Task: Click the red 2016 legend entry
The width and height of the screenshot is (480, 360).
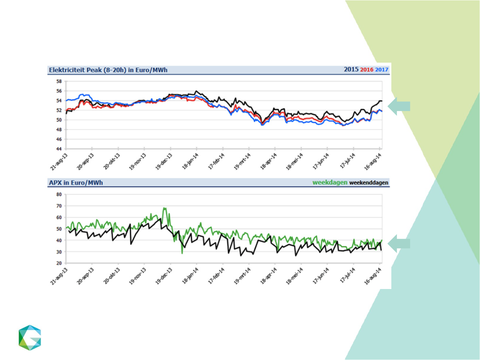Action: pos(366,70)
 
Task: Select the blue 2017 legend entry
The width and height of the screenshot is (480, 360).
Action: pos(382,70)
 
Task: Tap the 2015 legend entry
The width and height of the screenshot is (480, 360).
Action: pos(351,69)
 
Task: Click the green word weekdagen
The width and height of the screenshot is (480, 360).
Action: pos(330,183)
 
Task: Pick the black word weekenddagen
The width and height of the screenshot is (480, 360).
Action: pos(369,183)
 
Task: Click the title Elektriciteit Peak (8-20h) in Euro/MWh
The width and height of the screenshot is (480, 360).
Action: pos(108,70)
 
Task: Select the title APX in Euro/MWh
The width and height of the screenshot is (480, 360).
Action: pos(76,183)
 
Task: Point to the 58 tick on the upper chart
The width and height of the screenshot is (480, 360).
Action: pos(59,81)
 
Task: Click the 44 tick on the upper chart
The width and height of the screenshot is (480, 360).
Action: pos(59,149)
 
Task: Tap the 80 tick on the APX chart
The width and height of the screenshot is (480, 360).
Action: pos(59,194)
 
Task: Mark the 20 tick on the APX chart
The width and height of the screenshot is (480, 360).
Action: pos(59,263)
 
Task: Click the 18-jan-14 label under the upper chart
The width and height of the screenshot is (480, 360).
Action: pos(190,161)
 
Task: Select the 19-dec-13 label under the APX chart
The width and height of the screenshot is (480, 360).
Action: pos(164,276)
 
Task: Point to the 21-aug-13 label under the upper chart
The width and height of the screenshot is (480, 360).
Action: pos(59,162)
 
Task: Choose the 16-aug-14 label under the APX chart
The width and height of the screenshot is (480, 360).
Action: pos(373,276)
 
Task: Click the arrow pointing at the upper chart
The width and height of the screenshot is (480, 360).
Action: pos(399,106)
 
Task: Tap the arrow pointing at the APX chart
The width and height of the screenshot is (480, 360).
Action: pos(399,244)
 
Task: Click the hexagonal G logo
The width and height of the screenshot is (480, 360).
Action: pos(30,338)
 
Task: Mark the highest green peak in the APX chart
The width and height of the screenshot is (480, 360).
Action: pos(164,208)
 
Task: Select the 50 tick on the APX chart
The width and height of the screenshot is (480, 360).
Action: pos(59,229)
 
